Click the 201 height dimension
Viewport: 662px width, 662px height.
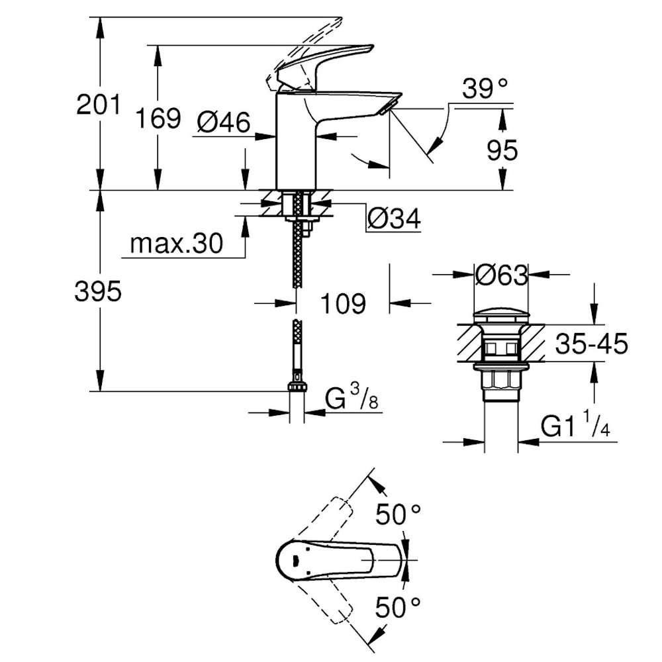click(x=99, y=105)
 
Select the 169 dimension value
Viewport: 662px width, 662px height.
click(x=158, y=118)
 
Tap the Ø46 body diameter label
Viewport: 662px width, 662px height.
click(x=224, y=122)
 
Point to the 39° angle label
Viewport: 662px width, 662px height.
click(x=485, y=89)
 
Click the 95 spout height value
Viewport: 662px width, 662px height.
click(x=502, y=150)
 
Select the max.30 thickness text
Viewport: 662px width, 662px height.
click(x=177, y=244)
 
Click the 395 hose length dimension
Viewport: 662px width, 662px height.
click(x=98, y=291)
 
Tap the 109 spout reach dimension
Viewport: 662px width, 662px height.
click(x=343, y=304)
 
